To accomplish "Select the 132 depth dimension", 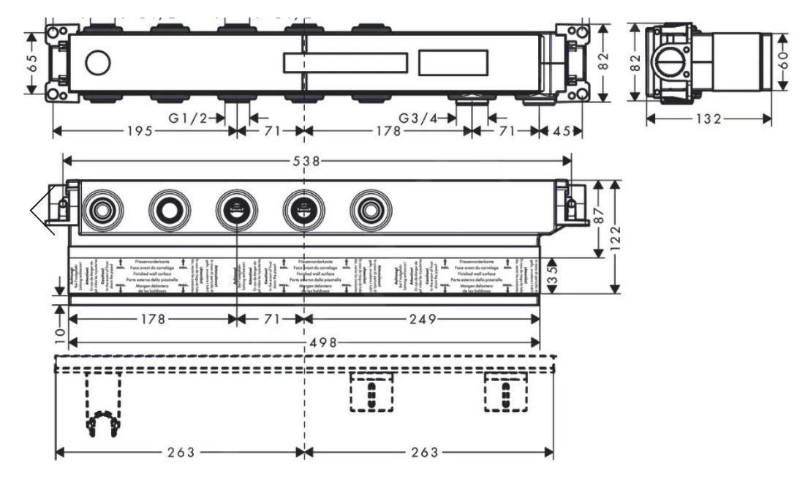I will click(708, 119).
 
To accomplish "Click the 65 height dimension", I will click(31, 63).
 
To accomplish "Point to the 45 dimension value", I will click(562, 132).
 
